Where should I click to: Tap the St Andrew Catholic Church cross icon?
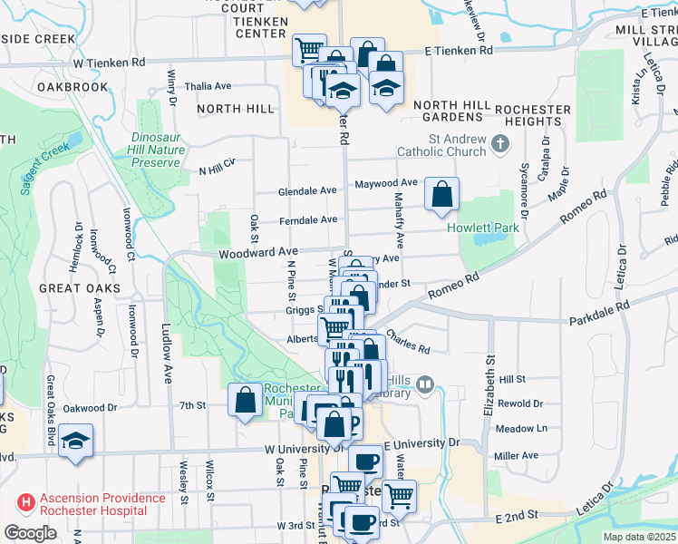pyautogui.click(x=499, y=143)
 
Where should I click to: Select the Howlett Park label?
pyautogui.click(x=483, y=228)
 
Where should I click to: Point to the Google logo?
pyautogui.click(x=29, y=533)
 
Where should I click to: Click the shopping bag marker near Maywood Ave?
pyautogui.click(x=441, y=194)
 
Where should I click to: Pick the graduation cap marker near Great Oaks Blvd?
pyautogui.click(x=76, y=441)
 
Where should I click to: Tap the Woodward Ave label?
pyautogui.click(x=257, y=252)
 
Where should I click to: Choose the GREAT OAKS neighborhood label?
pyautogui.click(x=73, y=287)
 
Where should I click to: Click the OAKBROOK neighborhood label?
pyautogui.click(x=73, y=87)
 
